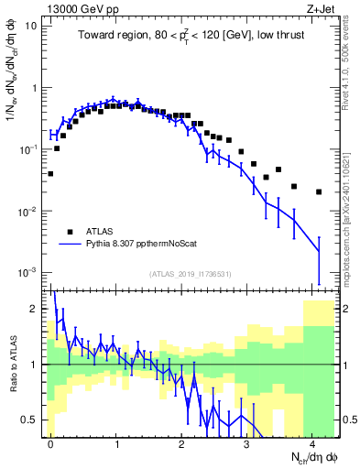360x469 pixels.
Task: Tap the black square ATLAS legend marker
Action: (x=70, y=231)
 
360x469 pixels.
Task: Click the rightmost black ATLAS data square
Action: (x=319, y=192)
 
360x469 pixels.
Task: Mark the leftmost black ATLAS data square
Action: (x=50, y=173)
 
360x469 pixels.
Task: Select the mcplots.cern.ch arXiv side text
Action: (x=351, y=202)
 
